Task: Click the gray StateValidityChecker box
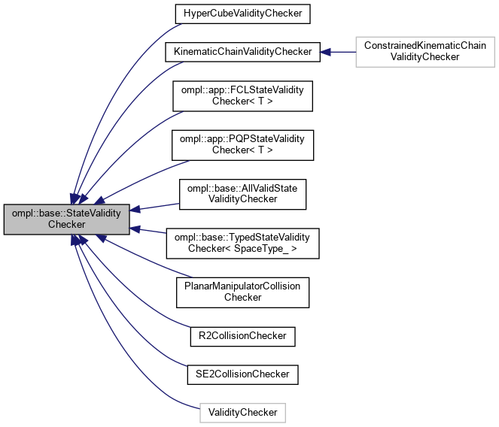point(67,219)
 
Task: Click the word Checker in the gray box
point(67,225)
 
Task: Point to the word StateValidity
point(93,213)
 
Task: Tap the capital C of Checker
point(51,225)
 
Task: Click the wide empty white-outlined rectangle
point(424,51)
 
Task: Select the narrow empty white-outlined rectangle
point(242,413)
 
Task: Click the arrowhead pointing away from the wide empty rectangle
point(325,52)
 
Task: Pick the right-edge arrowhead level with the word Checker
point(135,227)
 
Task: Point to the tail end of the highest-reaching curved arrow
point(181,24)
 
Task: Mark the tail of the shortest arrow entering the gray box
point(166,233)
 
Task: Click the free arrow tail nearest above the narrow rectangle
point(186,366)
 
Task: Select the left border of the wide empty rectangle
point(356,51)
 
